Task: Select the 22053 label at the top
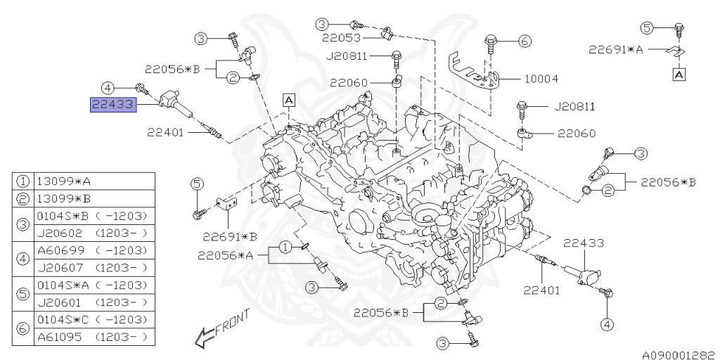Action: (x=342, y=38)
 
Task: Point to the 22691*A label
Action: (x=617, y=49)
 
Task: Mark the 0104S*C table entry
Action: (x=60, y=320)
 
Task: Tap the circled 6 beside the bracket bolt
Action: (x=524, y=41)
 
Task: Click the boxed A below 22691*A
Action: (x=679, y=73)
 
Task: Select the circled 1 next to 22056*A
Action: (x=285, y=247)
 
